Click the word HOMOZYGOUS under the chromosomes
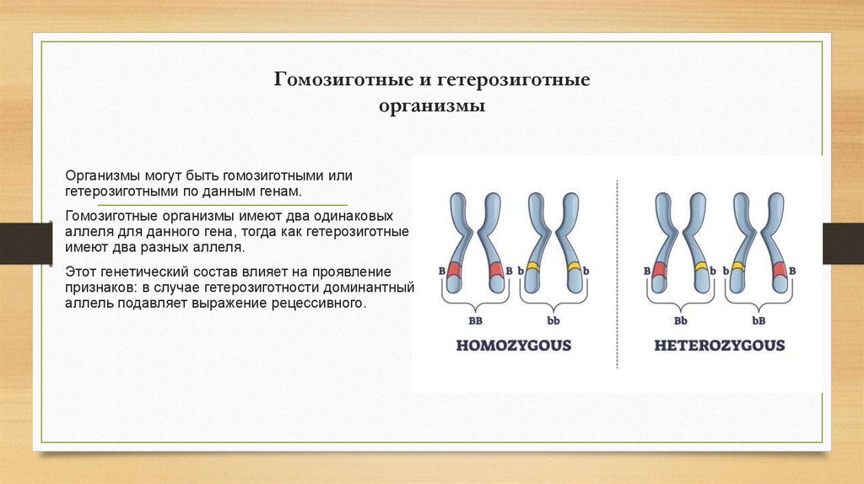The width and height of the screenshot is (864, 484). (514, 346)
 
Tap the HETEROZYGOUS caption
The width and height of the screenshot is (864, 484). (720, 346)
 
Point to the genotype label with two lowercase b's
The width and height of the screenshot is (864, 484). (553, 321)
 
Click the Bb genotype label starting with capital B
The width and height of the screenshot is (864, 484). (680, 321)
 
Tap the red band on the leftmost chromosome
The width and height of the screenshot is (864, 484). (454, 270)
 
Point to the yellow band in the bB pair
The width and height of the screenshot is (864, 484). (739, 267)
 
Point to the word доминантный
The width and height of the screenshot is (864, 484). (374, 288)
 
